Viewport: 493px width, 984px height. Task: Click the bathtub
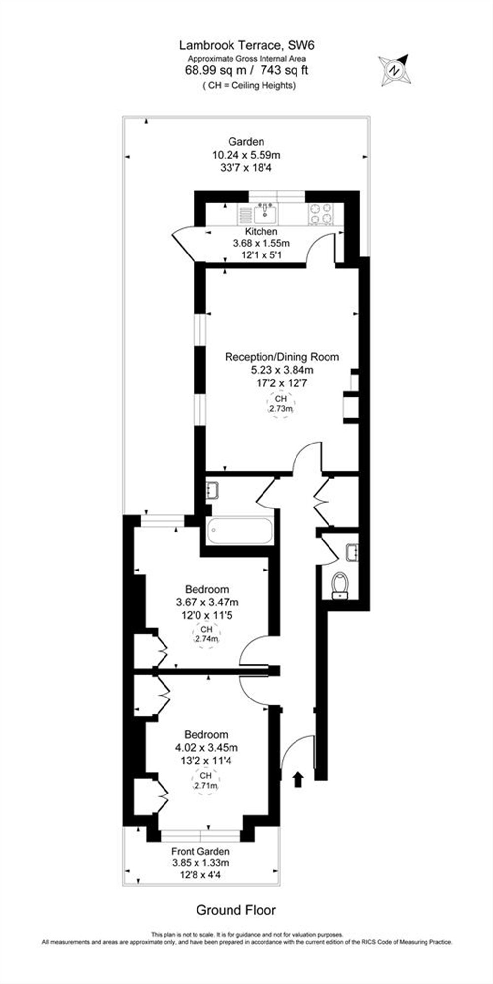(240, 531)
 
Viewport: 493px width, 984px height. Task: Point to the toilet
(340, 585)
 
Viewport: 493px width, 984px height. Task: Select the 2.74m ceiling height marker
(206, 635)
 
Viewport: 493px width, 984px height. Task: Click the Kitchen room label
(261, 231)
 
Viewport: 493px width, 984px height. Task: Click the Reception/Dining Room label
(282, 357)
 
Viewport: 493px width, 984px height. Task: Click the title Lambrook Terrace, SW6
(246, 46)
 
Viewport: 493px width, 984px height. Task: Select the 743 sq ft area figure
(285, 70)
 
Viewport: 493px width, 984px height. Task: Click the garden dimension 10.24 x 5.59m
(246, 155)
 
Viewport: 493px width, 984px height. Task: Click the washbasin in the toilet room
(353, 552)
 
